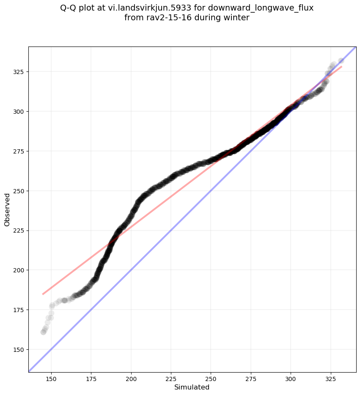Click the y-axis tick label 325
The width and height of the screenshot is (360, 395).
click(19, 72)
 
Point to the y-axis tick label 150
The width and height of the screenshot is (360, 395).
click(19, 350)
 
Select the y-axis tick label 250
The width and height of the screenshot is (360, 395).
click(19, 191)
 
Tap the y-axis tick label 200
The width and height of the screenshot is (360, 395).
click(19, 270)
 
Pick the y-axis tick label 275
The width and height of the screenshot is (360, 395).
click(19, 151)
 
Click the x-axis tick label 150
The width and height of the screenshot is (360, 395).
click(51, 378)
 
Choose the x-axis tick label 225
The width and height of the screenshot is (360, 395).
click(171, 378)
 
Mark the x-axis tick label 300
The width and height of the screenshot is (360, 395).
click(291, 378)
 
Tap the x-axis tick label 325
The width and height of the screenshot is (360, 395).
click(330, 378)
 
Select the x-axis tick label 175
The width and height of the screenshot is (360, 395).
click(91, 378)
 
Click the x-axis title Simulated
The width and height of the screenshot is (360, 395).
click(192, 387)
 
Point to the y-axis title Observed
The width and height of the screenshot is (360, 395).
click(7, 210)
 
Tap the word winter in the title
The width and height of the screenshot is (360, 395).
click(237, 18)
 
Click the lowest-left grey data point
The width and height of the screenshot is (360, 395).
click(43, 332)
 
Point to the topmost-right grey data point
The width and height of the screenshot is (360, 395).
click(341, 61)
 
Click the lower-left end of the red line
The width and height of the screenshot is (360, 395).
click(43, 294)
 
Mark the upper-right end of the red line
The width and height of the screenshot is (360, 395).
click(341, 66)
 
